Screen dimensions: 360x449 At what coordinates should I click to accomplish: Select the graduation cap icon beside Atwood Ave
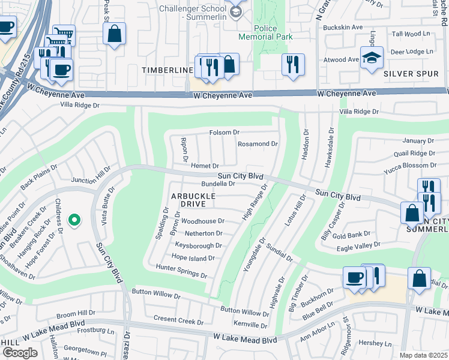point(372,58)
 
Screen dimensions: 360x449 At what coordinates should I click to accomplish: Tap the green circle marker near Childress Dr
point(74,221)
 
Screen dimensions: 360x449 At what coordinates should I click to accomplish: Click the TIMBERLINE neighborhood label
point(167,70)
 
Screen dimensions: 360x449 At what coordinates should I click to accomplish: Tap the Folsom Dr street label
point(224,132)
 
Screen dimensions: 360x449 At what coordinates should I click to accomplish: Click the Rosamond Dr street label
point(258,144)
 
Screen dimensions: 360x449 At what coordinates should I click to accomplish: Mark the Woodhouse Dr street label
point(202,221)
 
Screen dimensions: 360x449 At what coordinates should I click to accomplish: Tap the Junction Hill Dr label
point(91,175)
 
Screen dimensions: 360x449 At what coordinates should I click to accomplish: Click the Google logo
point(20,353)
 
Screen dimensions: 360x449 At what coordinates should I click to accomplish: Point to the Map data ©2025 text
point(423,355)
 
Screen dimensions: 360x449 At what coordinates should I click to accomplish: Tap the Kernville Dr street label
point(250,325)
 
